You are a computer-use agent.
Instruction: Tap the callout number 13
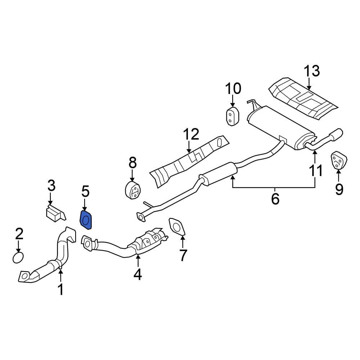click(x=311, y=71)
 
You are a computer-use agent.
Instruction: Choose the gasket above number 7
click(x=177, y=228)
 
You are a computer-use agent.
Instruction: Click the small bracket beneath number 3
click(x=54, y=212)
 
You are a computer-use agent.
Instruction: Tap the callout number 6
click(x=275, y=199)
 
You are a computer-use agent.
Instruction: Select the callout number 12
click(x=191, y=134)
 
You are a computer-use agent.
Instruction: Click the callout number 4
click(x=138, y=275)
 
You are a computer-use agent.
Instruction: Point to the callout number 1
click(x=60, y=289)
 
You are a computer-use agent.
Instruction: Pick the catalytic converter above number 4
click(x=148, y=240)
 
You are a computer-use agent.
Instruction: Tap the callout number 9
click(x=339, y=189)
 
